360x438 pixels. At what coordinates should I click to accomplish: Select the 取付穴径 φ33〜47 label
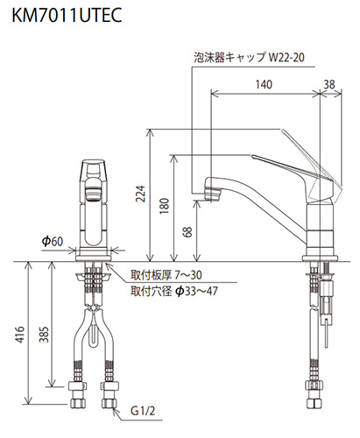[x=173, y=291]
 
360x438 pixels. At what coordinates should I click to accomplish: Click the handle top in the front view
[x=94, y=166]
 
